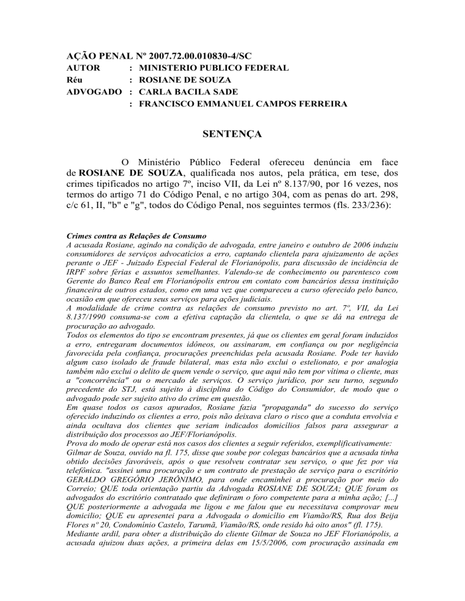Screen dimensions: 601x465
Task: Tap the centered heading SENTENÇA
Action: (232, 134)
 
